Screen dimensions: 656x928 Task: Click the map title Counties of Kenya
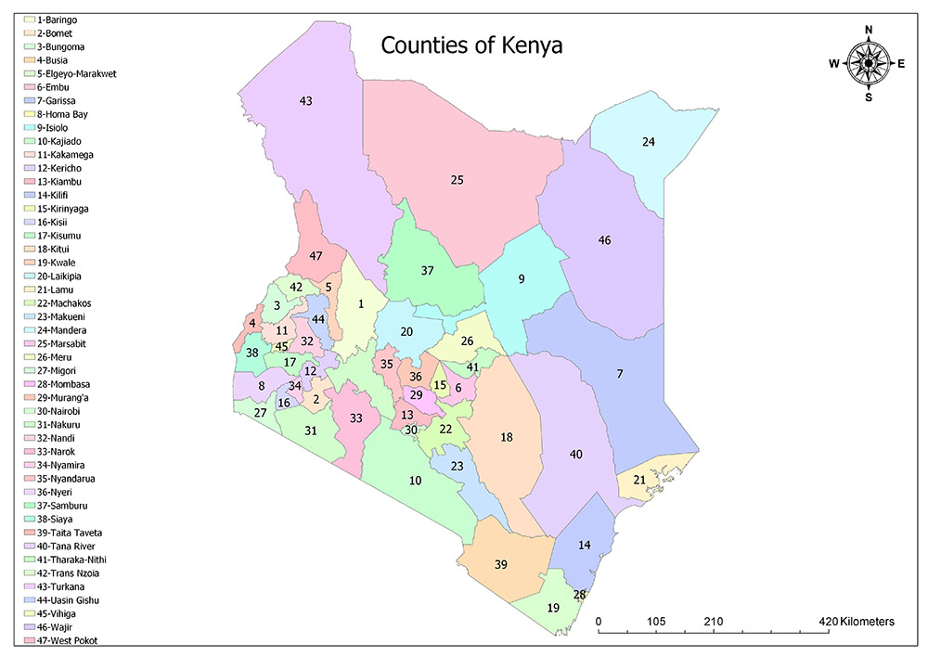(472, 45)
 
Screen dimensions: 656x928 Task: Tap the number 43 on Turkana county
(306, 100)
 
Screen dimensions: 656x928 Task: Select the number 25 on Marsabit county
(457, 179)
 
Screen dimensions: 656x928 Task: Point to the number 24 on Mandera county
(649, 142)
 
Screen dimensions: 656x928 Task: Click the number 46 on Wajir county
(605, 240)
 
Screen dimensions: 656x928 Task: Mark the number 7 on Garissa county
(620, 373)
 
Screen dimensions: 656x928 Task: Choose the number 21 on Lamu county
(639, 480)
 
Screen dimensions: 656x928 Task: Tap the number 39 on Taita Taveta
(500, 565)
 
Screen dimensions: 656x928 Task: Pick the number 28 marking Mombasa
(579, 595)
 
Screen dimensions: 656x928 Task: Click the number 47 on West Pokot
(316, 256)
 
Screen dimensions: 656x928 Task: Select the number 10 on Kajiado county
(415, 480)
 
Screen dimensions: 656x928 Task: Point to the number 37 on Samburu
(427, 271)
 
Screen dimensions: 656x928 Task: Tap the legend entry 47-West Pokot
(68, 640)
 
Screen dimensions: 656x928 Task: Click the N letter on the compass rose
(869, 30)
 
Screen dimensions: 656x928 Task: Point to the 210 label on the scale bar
(713, 621)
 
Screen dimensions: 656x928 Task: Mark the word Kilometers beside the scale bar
(867, 621)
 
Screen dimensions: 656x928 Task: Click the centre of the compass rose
(869, 63)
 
